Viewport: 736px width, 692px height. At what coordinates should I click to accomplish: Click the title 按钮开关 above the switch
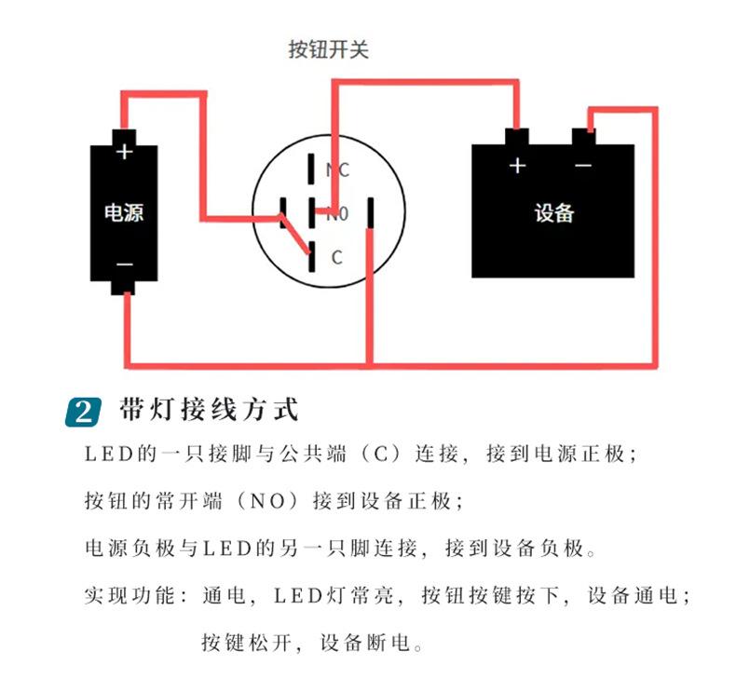[x=329, y=49]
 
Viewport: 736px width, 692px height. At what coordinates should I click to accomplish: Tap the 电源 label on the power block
[x=124, y=212]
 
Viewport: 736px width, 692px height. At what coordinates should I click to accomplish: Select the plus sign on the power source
[x=124, y=152]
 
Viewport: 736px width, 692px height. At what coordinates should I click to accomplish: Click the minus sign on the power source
[x=124, y=265]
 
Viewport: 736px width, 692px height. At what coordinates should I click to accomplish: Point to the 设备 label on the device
[x=553, y=212]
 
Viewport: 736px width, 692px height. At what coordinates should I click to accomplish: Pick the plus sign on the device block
[x=517, y=166]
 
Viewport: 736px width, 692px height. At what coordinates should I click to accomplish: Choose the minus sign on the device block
[x=583, y=166]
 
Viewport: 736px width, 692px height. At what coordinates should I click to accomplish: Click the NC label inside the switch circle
[x=337, y=170]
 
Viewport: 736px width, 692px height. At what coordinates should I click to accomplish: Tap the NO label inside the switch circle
[x=337, y=214]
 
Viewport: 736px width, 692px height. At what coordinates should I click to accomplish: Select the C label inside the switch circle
[x=337, y=257]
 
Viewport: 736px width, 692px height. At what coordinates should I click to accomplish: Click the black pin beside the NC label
[x=311, y=168]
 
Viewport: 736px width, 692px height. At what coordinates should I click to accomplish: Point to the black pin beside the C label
[x=312, y=254]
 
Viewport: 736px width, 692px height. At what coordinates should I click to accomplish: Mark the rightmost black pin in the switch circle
[x=371, y=212]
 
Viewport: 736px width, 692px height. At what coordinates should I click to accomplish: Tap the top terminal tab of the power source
[x=124, y=136]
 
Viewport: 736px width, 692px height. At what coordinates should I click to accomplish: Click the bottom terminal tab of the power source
[x=124, y=287]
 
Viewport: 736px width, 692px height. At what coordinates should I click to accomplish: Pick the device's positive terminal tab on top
[x=517, y=137]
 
